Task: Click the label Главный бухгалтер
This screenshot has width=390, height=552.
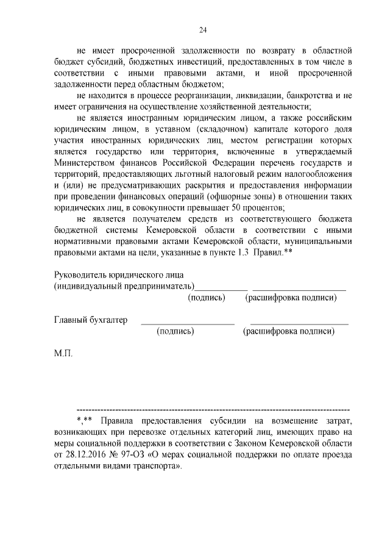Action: click(91, 320)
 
